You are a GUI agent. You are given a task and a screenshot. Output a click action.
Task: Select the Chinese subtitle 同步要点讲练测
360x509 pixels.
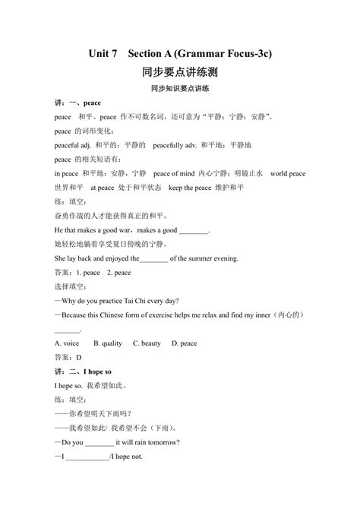179,73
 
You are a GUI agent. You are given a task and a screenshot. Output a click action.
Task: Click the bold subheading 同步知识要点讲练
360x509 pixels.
179,88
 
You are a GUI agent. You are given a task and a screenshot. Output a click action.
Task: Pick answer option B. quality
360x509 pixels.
107,343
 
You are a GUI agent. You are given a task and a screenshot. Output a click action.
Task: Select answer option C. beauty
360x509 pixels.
147,343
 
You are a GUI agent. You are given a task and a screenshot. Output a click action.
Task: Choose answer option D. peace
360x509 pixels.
184,343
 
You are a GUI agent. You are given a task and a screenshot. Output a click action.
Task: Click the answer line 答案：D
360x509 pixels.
68,358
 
